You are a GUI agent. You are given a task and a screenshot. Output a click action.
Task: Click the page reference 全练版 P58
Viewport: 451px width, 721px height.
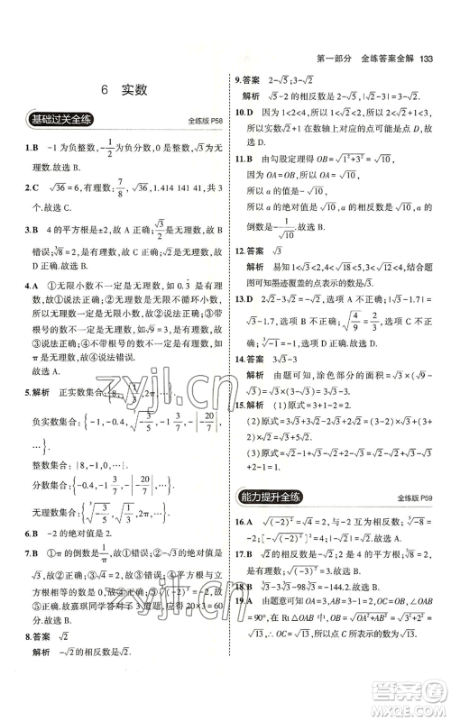(205, 121)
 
